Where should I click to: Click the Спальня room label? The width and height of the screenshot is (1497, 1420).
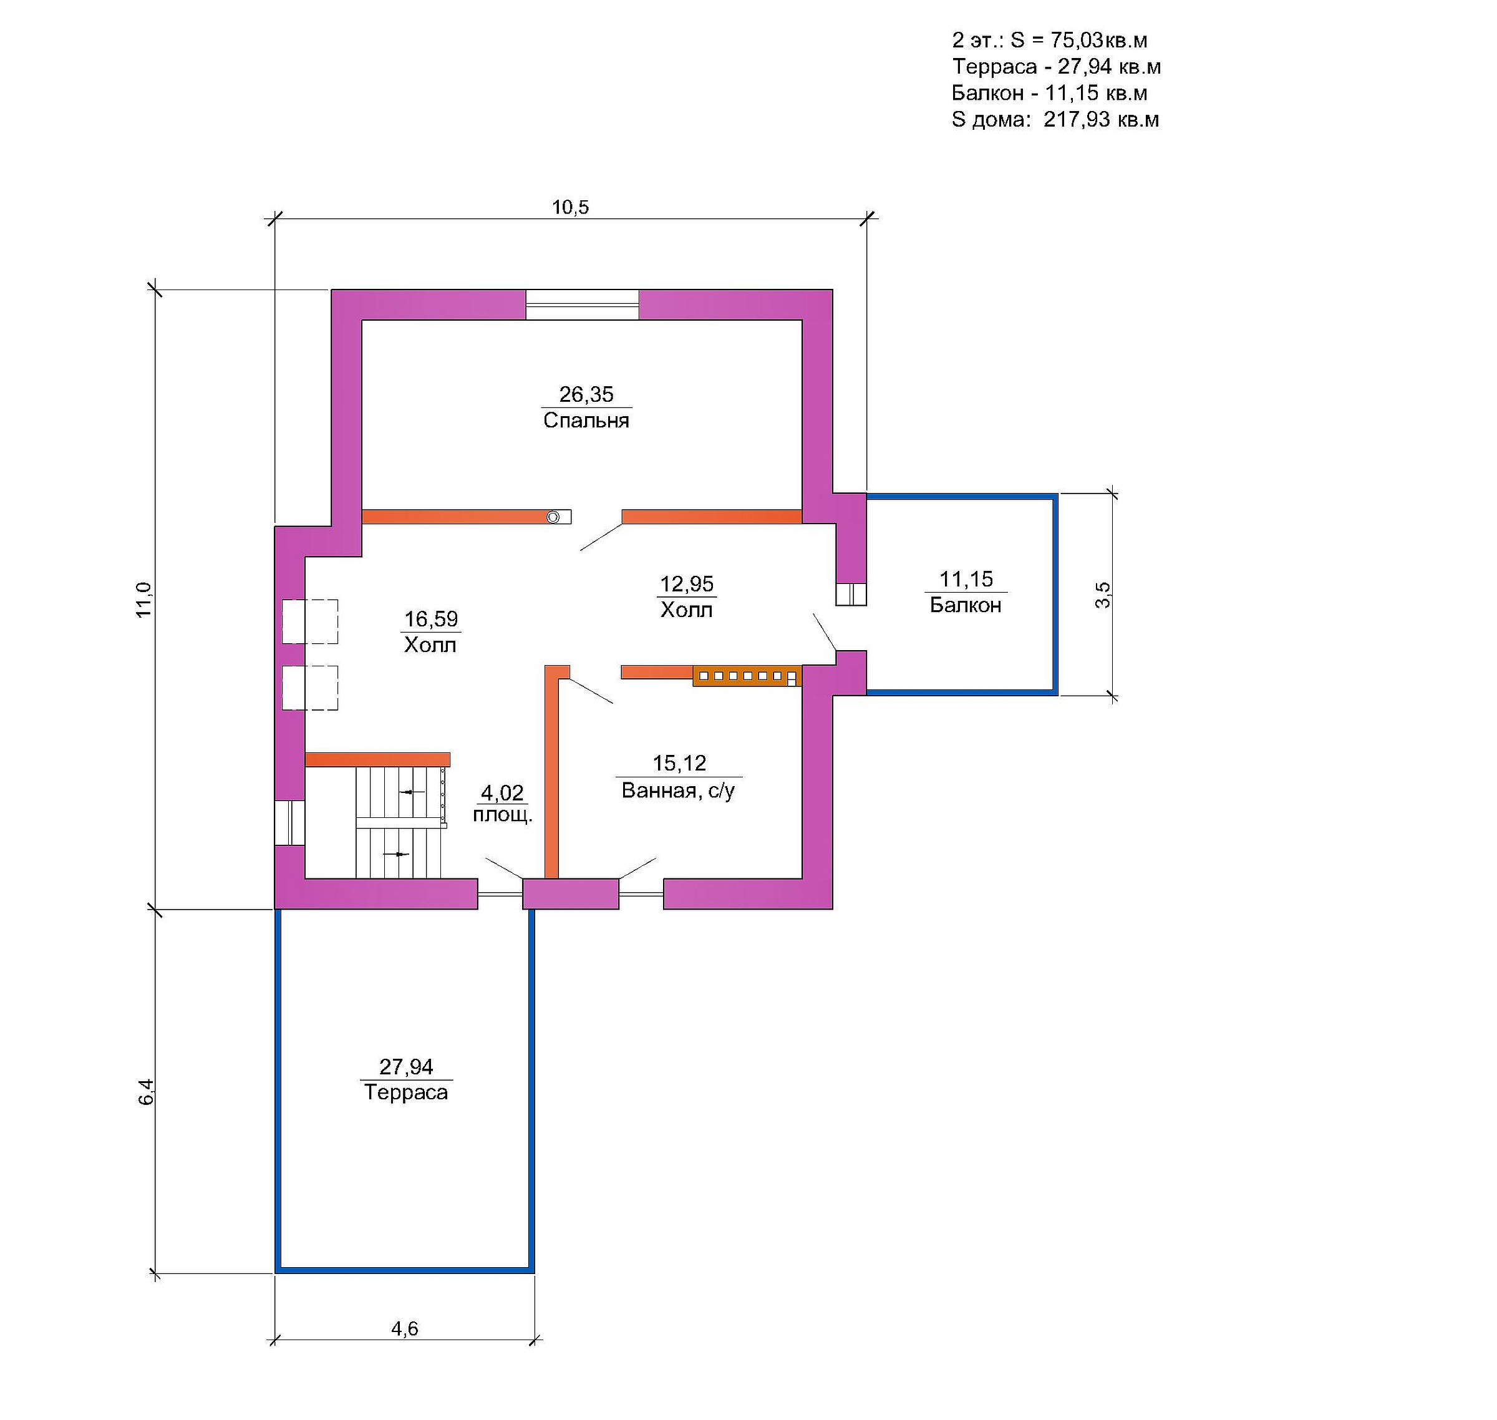click(586, 420)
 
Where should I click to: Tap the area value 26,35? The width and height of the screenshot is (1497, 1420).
click(586, 394)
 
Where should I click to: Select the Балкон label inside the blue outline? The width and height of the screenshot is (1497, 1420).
click(965, 605)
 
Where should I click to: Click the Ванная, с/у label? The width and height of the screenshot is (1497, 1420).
click(678, 790)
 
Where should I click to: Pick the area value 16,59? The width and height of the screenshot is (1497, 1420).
click(430, 619)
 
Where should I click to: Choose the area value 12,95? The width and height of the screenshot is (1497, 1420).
click(687, 583)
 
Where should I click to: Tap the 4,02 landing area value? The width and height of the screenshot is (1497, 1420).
click(503, 792)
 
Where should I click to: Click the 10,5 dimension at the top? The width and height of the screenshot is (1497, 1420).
click(570, 207)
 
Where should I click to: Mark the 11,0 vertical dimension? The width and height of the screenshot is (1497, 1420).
click(144, 600)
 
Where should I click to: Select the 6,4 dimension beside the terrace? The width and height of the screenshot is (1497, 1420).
click(145, 1091)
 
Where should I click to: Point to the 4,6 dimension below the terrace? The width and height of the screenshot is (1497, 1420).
click(404, 1328)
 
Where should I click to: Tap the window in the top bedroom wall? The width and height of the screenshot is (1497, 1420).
click(582, 305)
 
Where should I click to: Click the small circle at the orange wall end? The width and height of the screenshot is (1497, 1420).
click(553, 517)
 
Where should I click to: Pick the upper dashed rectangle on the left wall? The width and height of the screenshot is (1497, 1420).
click(309, 621)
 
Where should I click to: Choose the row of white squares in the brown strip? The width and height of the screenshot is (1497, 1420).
click(746, 676)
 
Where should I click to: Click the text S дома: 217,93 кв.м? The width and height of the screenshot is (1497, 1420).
click(1055, 120)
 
